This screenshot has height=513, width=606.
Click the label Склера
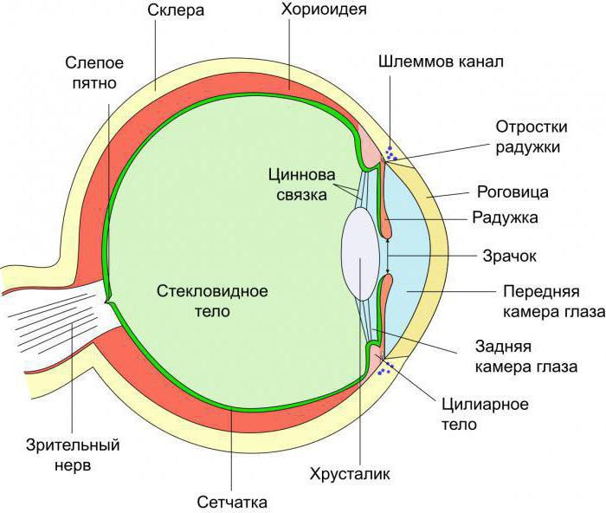176,10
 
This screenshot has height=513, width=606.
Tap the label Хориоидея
324,10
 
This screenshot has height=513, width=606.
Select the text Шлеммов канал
441,62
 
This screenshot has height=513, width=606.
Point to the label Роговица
513,192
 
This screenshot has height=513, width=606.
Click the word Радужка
505,218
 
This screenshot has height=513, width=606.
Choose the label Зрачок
509,256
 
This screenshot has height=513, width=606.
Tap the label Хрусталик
350,474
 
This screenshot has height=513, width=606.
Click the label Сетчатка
232,502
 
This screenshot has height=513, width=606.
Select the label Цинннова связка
302,185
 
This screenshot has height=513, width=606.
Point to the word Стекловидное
212,291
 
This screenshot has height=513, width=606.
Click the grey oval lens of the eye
361,254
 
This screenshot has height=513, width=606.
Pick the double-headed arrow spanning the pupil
387,256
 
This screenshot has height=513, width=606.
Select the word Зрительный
73,445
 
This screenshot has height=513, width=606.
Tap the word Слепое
94,62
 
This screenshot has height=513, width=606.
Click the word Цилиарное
485,405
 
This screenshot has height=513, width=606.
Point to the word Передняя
541,291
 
